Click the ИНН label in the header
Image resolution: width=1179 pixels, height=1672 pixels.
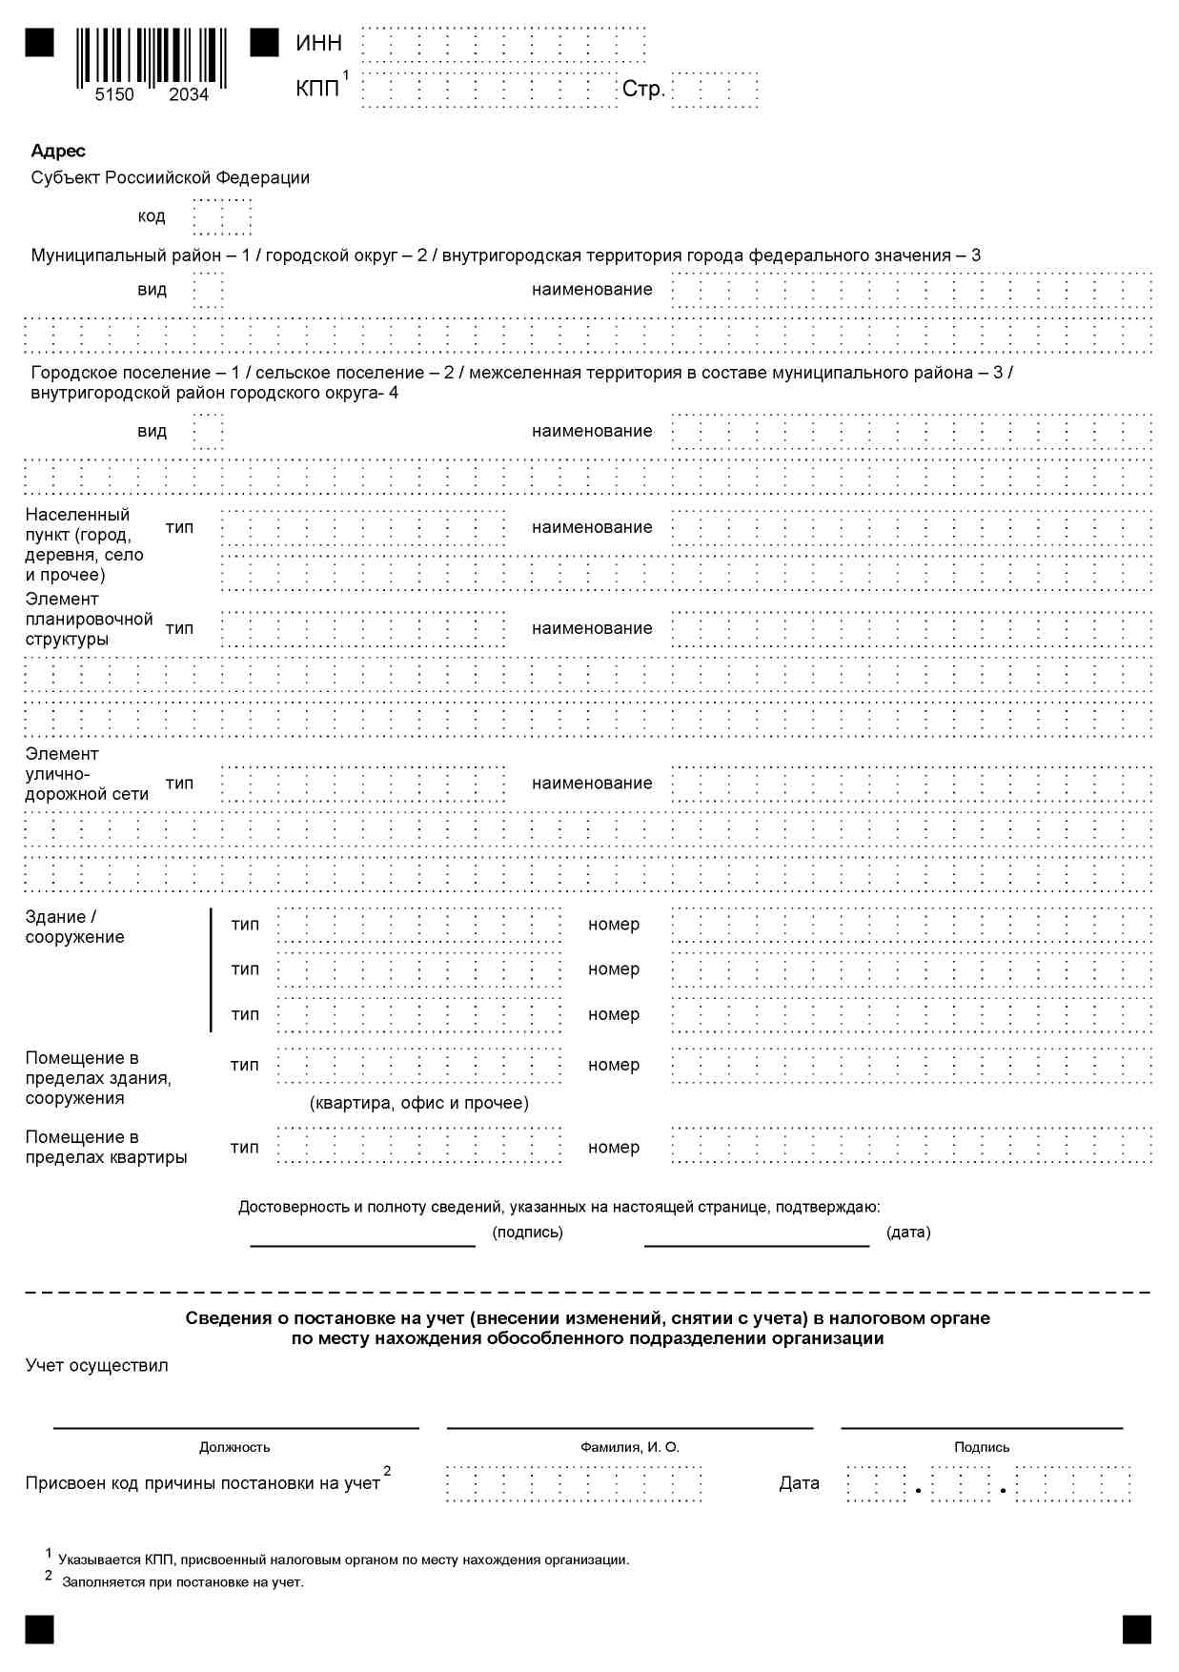click(318, 43)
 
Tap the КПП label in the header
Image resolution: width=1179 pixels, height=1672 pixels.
click(317, 89)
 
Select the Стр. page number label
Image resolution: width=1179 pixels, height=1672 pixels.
click(643, 90)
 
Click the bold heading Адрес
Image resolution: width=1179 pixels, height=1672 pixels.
click(58, 151)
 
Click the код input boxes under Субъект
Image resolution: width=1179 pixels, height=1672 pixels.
click(222, 217)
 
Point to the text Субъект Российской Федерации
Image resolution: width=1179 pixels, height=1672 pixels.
click(170, 178)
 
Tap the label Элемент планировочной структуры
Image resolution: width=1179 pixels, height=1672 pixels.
click(89, 620)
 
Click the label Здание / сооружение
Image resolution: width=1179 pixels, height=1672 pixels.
click(74, 927)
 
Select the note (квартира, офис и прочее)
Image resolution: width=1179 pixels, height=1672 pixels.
click(419, 1103)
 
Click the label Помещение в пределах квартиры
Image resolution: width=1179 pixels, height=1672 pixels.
click(106, 1148)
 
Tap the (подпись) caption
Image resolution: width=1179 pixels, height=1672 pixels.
click(527, 1233)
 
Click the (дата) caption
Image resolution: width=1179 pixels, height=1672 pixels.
click(908, 1233)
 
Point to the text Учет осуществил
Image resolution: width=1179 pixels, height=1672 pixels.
click(96, 1366)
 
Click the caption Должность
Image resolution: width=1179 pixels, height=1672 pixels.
click(234, 1447)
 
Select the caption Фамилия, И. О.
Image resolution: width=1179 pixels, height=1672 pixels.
click(630, 1447)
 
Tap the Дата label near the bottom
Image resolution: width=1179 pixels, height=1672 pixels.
click(799, 1483)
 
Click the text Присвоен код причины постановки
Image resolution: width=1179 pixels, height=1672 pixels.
click(202, 1483)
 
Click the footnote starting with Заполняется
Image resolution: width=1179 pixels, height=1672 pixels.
click(183, 1582)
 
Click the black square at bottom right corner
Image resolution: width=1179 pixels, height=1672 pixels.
click(1136, 1629)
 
